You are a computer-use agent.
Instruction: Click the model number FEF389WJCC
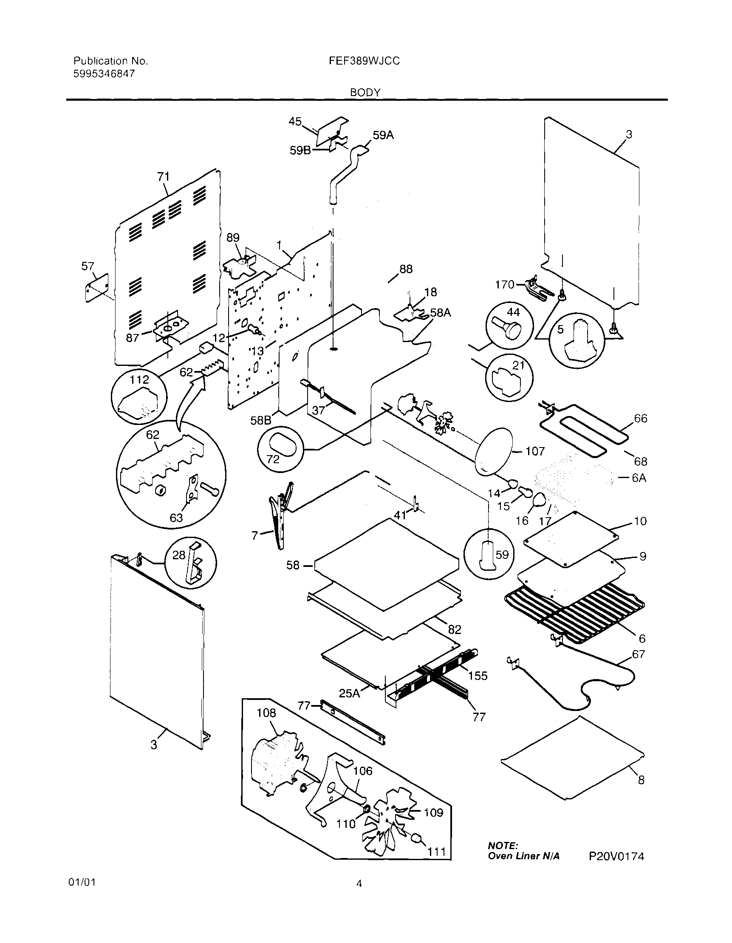[364, 61]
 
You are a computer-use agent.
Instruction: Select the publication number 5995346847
[104, 74]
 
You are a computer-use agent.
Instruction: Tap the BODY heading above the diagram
[365, 92]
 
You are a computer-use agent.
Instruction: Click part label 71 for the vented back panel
[163, 177]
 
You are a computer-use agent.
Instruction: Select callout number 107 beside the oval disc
[535, 452]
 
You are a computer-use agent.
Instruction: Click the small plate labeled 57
[97, 288]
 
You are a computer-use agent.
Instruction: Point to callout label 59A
[383, 136]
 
